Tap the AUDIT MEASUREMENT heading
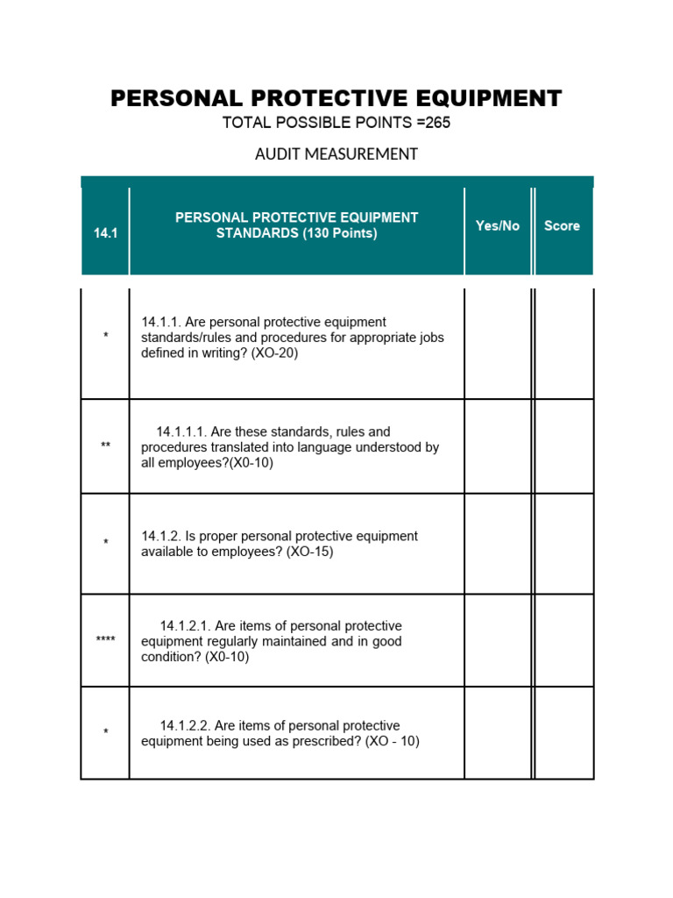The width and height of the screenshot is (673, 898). pyautogui.click(x=336, y=154)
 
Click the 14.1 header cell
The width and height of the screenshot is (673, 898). pyautogui.click(x=105, y=233)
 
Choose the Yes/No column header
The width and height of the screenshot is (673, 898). pyautogui.click(x=497, y=226)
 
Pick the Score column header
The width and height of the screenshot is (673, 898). pyautogui.click(x=562, y=226)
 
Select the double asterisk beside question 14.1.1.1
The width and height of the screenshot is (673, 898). pyautogui.click(x=105, y=446)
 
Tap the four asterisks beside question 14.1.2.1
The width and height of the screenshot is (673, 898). pyautogui.click(x=105, y=640)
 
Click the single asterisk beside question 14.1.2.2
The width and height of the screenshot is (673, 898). pyautogui.click(x=105, y=732)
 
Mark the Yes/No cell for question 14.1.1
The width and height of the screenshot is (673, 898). pyautogui.click(x=497, y=344)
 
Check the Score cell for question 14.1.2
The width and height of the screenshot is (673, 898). pyautogui.click(x=563, y=544)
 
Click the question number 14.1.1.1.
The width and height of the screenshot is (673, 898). pyautogui.click(x=181, y=431)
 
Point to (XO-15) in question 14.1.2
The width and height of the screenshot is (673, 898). pyautogui.click(x=310, y=552)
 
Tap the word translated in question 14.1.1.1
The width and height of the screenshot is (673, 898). pyautogui.click(x=241, y=447)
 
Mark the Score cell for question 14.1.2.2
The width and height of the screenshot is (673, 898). pyautogui.click(x=563, y=733)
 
